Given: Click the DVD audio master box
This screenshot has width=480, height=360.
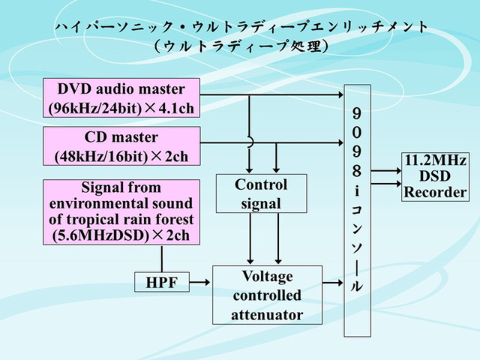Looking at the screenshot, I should click(121, 97).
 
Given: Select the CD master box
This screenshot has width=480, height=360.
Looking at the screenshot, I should click(121, 146).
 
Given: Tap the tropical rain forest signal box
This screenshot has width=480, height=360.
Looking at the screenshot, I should click(121, 212).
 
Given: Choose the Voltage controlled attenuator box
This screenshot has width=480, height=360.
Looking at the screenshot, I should click(267, 295).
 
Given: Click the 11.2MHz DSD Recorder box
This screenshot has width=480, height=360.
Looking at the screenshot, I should click(436, 176).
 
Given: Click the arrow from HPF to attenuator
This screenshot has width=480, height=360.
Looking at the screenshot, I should click(200, 283).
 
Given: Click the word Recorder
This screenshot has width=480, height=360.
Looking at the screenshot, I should click(436, 192).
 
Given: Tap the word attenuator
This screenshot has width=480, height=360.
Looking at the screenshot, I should click(267, 314).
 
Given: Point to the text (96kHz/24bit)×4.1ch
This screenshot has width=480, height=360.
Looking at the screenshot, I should click(121, 108).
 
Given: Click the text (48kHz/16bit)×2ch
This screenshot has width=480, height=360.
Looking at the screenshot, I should click(121, 157).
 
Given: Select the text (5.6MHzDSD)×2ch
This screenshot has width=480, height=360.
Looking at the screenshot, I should click(121, 235).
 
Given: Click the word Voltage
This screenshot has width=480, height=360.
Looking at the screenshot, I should click(267, 276).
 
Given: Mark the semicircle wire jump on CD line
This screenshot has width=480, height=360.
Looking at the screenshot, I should click(249, 142).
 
